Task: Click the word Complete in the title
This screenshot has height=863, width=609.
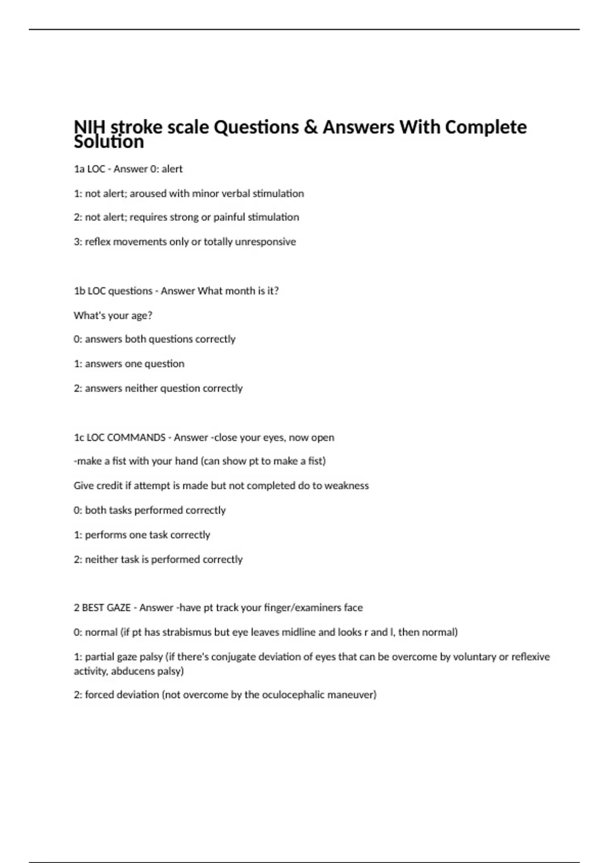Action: click(486, 127)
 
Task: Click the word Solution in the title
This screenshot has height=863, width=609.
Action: click(109, 142)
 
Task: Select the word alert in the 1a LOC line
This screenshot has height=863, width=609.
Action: click(172, 169)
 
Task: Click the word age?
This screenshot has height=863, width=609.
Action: click(142, 315)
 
